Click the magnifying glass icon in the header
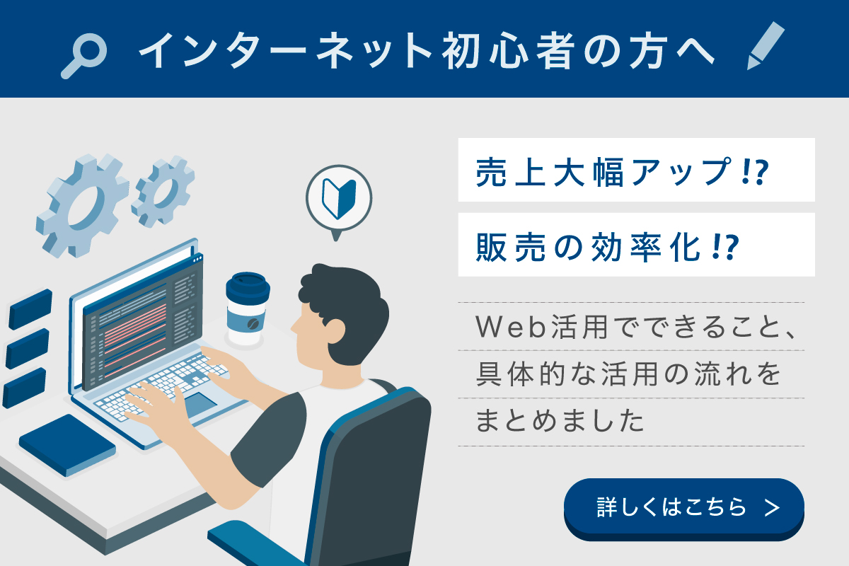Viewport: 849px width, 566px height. (x=84, y=55)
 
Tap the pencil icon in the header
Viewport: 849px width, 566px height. (x=766, y=45)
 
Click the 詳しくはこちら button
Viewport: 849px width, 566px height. (x=683, y=508)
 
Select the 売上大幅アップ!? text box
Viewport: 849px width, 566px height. (x=636, y=170)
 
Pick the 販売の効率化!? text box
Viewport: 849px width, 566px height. (x=636, y=245)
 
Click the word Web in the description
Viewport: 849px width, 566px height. (x=511, y=327)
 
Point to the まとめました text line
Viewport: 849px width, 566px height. (x=560, y=421)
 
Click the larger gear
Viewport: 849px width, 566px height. (x=83, y=205)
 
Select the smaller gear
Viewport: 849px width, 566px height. (x=163, y=192)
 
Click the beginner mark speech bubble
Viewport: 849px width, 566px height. (x=338, y=200)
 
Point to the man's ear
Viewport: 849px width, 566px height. (x=336, y=330)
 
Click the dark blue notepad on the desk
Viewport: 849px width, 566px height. (x=67, y=445)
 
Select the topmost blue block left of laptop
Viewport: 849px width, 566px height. (x=30, y=309)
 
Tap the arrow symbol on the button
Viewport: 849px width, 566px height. (x=773, y=508)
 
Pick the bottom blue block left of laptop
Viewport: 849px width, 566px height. (x=25, y=388)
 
